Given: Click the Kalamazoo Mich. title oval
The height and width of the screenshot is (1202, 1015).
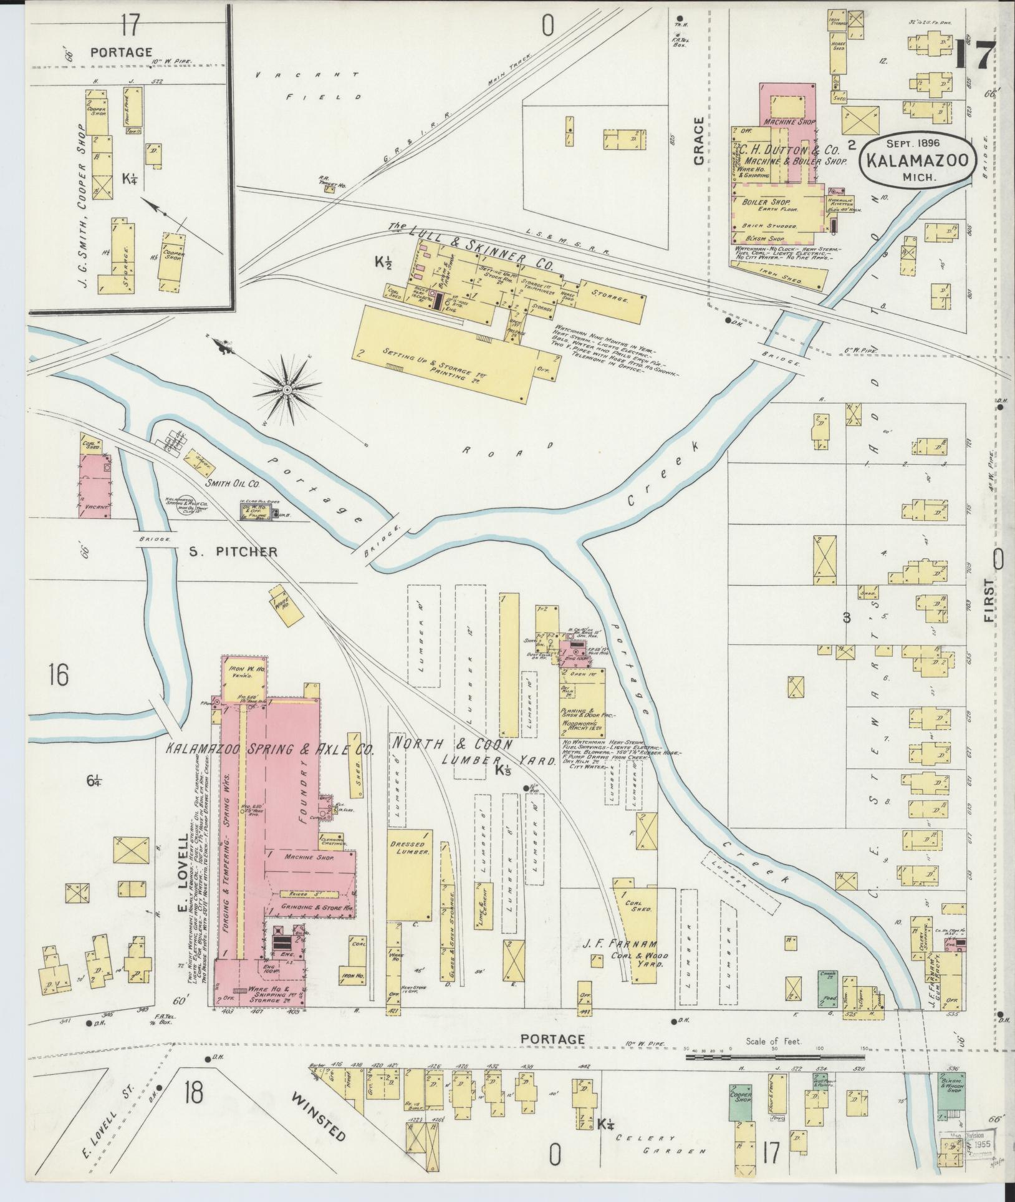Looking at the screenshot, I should click(915, 158).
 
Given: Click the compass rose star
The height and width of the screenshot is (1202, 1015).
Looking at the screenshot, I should click(287, 390).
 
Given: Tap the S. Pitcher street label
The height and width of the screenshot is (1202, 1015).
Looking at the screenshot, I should click(233, 551).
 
